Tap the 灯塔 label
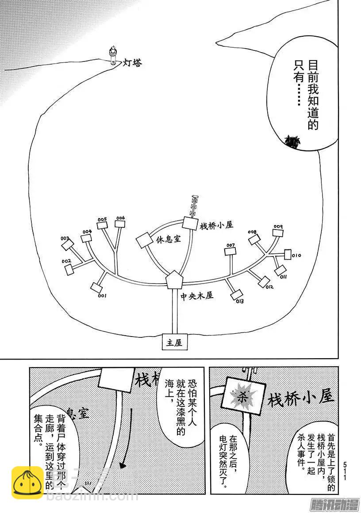[x=132, y=63]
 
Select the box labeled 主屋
[x=174, y=342]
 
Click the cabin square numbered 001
[x=96, y=287]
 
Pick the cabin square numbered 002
[x=68, y=268]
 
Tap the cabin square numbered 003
[x=66, y=244]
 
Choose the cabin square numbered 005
[x=102, y=224]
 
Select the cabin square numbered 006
[x=120, y=223]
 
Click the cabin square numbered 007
[x=230, y=251]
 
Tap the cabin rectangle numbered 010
[x=288, y=254]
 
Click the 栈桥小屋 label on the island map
[x=216, y=225]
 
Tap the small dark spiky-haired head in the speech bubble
[x=292, y=141]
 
